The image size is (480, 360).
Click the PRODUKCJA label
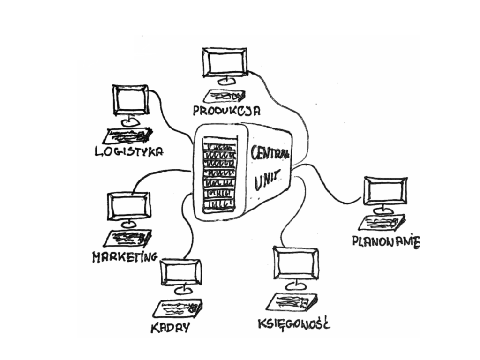(227, 111)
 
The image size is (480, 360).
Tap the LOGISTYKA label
(129, 151)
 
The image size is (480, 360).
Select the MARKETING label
(125, 257)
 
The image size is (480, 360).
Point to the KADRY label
(171, 328)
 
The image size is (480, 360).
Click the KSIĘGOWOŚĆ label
(294, 324)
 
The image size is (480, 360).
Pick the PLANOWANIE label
(386, 241)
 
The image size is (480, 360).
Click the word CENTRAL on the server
(270, 152)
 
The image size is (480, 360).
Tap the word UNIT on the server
(267, 180)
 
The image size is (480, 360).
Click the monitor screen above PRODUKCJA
(225, 62)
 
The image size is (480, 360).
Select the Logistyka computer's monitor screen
(131, 100)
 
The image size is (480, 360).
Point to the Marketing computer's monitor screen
(129, 206)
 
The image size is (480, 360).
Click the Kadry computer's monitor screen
(181, 272)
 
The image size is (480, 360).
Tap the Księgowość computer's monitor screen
(296, 262)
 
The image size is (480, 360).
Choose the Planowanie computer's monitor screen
(385, 191)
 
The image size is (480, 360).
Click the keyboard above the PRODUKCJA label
(225, 96)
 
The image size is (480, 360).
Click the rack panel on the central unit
(220, 174)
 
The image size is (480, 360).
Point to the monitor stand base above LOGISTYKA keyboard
(131, 122)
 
